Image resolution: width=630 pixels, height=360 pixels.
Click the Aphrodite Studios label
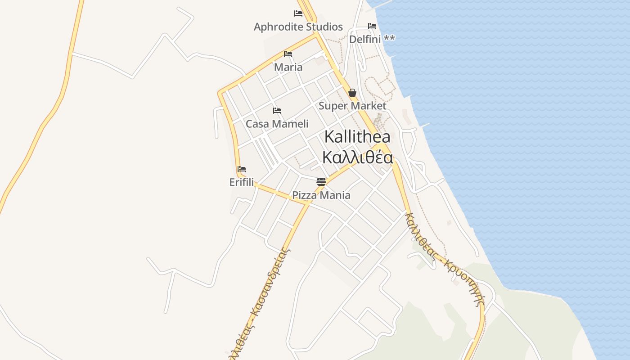[298, 27]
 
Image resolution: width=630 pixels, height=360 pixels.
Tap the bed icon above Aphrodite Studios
[298, 13]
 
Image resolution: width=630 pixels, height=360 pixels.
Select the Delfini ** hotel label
[372, 39]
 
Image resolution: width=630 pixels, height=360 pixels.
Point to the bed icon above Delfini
[372, 26]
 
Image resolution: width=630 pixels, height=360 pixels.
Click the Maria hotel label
[288, 67]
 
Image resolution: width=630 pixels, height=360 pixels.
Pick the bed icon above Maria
[288, 54]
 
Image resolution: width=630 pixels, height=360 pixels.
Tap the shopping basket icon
[352, 93]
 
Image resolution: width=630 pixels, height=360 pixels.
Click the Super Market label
[352, 106]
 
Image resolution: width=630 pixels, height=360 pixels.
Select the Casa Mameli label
[277, 124]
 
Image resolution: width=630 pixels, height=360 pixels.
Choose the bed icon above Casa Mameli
[277, 111]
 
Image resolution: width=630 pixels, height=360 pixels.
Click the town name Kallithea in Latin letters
[357, 137]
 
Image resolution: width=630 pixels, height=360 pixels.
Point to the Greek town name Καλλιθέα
[357, 157]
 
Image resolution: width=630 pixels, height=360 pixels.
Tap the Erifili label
[242, 182]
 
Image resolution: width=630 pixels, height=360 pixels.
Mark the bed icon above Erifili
[242, 170]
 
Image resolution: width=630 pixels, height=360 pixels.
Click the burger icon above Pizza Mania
[321, 182]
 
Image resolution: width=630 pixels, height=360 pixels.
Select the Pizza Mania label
[321, 195]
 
